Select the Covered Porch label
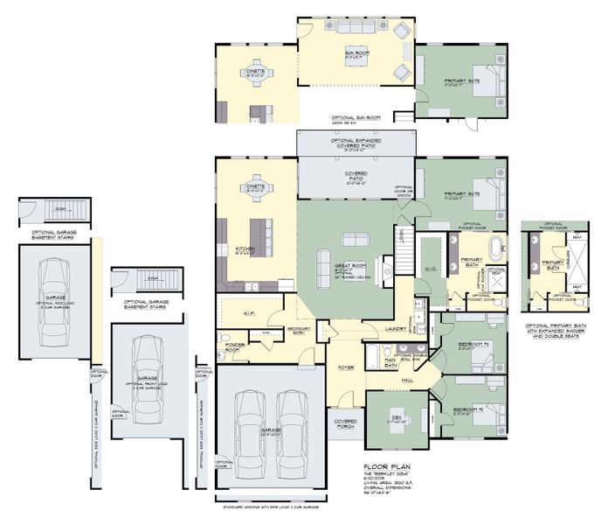[346, 423]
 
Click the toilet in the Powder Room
[225, 339]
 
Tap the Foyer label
[346, 367]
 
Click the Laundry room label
[393, 330]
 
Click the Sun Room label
[356, 53]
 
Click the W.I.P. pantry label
[248, 311]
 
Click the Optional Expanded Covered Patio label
[354, 143]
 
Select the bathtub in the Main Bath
[375, 356]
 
